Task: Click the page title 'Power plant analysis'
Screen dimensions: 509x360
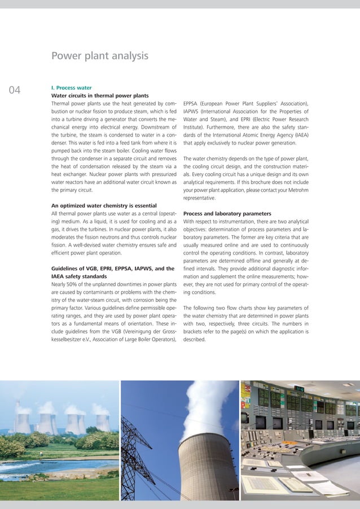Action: (100, 56)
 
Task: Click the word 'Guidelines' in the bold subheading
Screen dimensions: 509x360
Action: (65, 269)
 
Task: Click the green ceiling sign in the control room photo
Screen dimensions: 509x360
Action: (299, 389)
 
